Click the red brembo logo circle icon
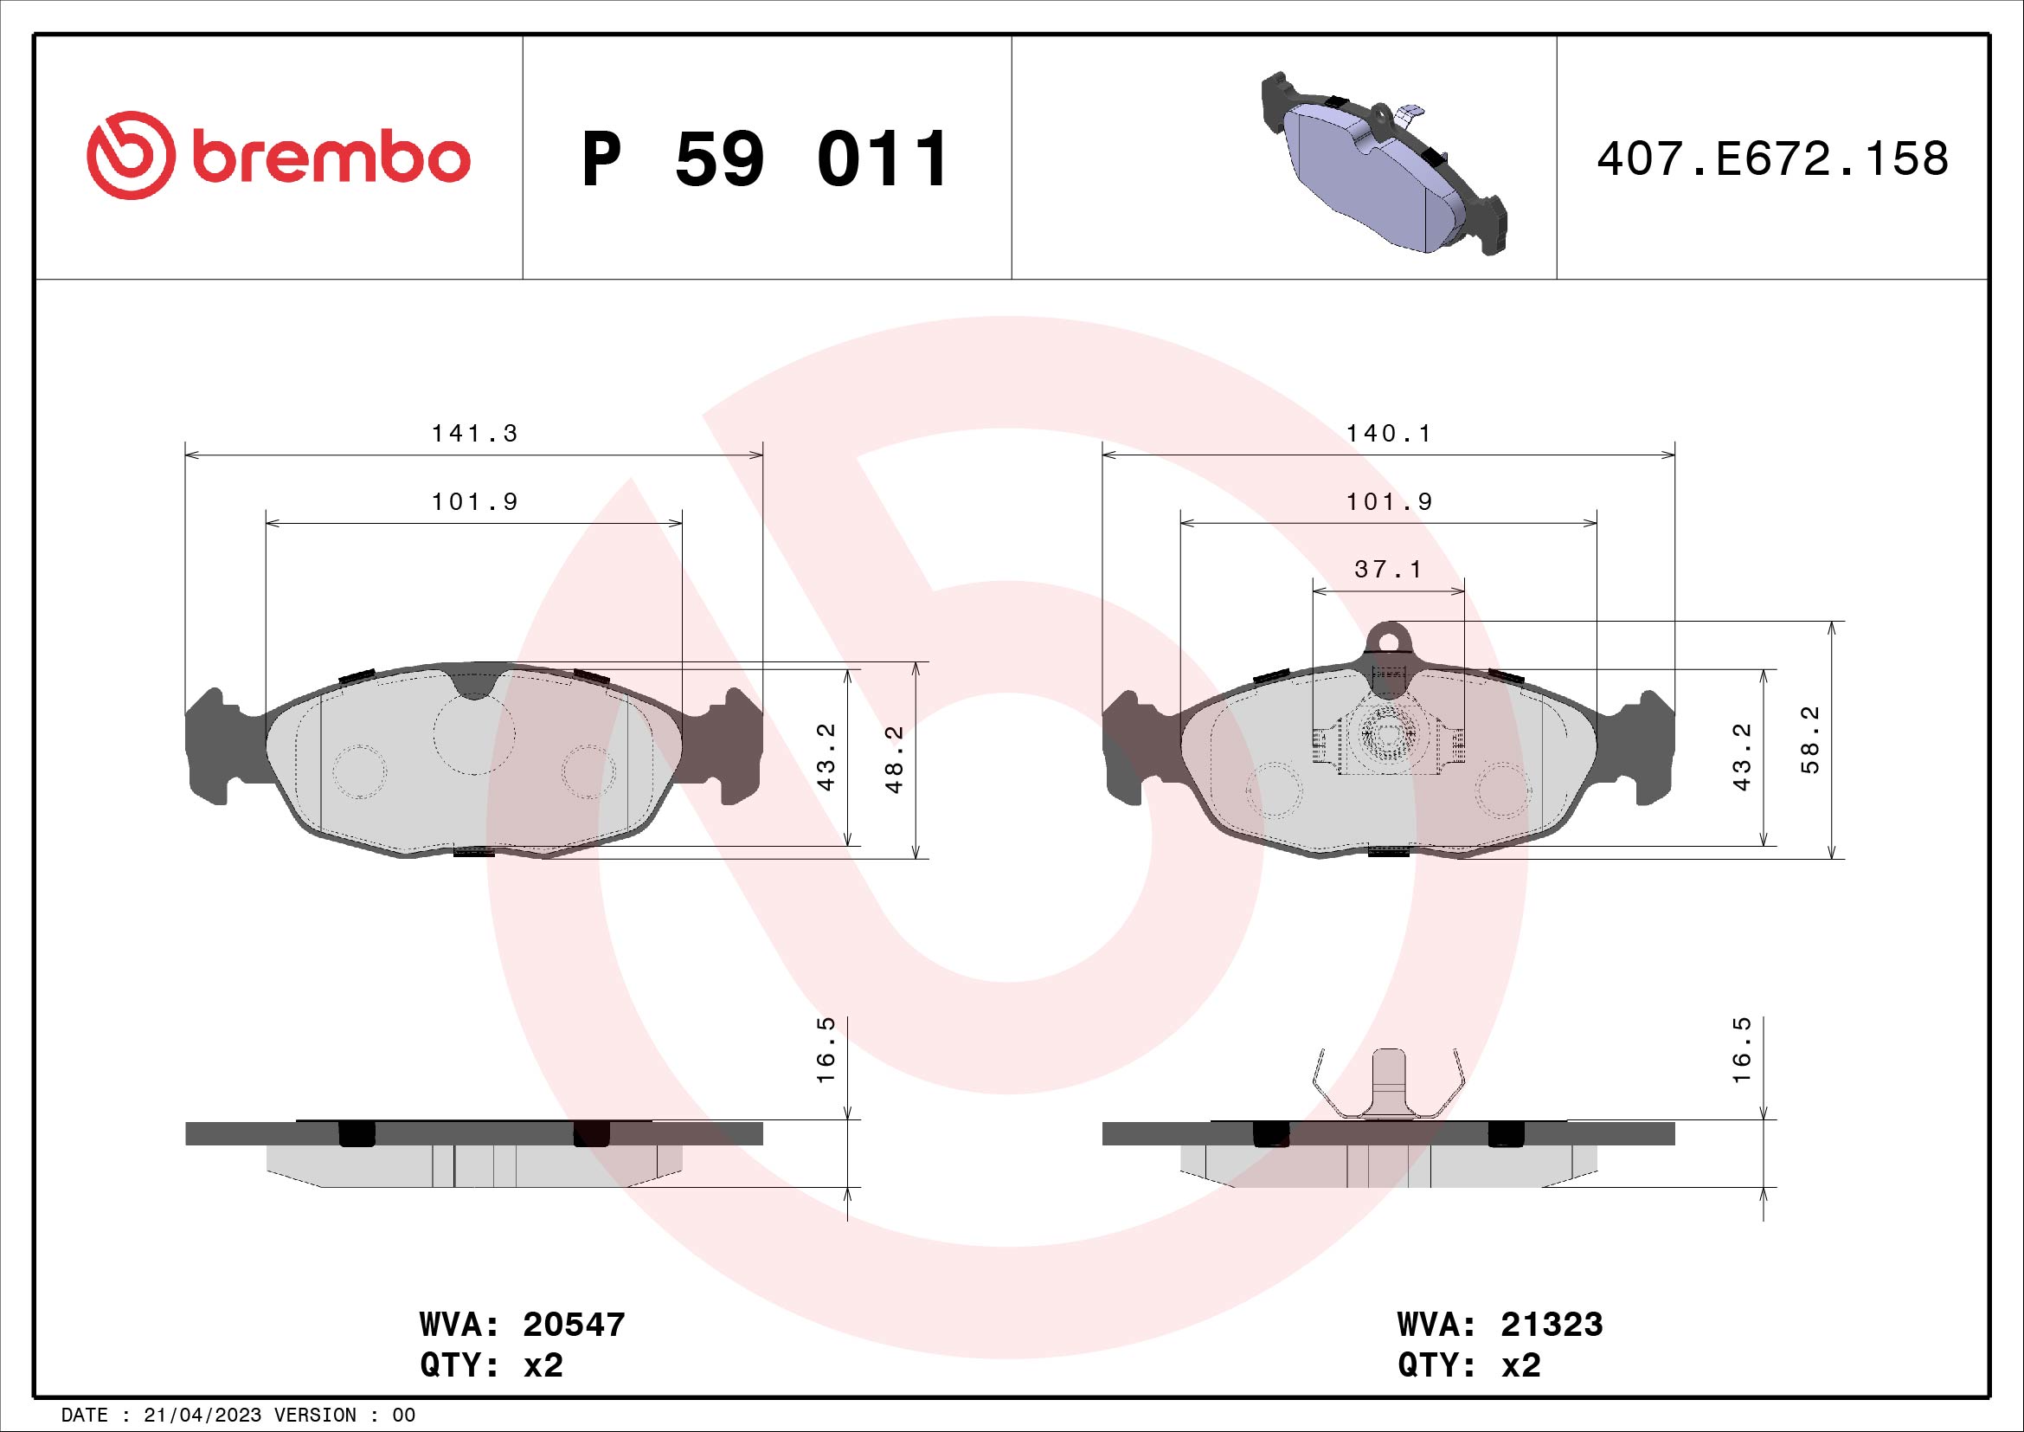(127, 155)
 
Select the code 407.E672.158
(1773, 159)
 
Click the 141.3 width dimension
(474, 434)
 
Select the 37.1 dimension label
(1388, 570)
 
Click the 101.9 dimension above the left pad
(474, 502)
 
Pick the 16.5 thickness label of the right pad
(1742, 1062)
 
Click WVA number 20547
(574, 1325)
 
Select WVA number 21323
(1552, 1325)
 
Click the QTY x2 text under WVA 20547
(491, 1365)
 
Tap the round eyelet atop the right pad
(1388, 636)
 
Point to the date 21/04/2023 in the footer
(202, 1416)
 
